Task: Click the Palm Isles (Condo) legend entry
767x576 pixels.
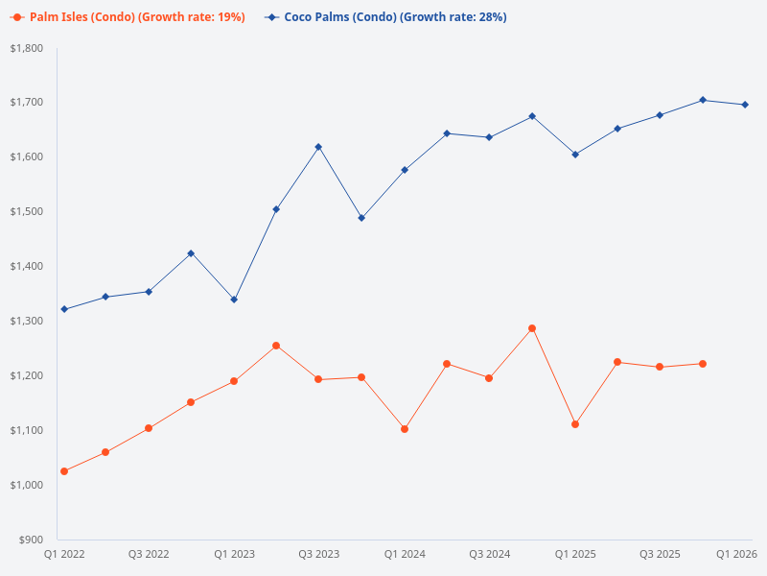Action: [x=128, y=17]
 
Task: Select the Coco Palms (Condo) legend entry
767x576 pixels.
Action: [x=385, y=17]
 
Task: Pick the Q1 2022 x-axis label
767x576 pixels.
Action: [x=64, y=554]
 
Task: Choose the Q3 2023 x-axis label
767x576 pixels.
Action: [x=318, y=554]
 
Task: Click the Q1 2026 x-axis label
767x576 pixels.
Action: [x=737, y=554]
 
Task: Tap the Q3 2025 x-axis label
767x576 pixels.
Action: [x=660, y=554]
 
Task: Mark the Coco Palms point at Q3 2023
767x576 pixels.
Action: [x=318, y=147]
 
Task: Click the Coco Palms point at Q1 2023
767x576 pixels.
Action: [x=234, y=300]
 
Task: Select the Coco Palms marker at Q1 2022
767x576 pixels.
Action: [x=64, y=309]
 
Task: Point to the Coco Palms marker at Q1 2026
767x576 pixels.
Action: [x=745, y=105]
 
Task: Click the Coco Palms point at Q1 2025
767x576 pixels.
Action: [x=575, y=154]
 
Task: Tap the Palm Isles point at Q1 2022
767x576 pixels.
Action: [x=64, y=471]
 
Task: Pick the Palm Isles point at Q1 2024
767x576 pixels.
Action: [x=405, y=429]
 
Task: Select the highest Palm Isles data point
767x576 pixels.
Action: [x=532, y=328]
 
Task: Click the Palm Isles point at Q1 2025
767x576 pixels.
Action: [x=575, y=424]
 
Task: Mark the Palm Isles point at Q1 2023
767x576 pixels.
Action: [x=234, y=381]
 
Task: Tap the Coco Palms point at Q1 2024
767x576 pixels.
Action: [x=405, y=170]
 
